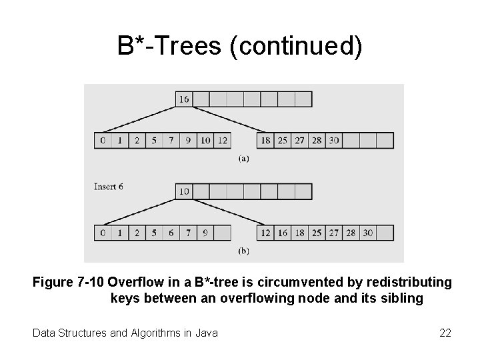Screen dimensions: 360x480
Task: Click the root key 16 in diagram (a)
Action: (184, 100)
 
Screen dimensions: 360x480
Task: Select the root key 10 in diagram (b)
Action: (184, 192)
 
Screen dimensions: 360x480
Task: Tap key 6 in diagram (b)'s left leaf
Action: (171, 233)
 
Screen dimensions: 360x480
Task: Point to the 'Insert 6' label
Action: (109, 187)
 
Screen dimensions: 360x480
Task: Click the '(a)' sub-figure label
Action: (244, 159)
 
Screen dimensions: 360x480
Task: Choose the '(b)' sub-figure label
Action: (244, 251)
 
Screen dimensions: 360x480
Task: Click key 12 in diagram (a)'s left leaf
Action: (223, 141)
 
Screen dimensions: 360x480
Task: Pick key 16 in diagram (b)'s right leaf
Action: (283, 233)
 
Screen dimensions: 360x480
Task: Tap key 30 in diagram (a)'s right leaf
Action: (334, 141)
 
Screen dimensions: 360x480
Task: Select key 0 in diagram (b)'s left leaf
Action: (103, 233)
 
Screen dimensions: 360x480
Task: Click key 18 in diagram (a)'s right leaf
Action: (265, 141)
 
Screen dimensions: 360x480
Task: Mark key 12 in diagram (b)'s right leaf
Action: (265, 233)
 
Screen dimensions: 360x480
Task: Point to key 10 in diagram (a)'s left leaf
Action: (205, 141)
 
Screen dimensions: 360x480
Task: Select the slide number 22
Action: (445, 332)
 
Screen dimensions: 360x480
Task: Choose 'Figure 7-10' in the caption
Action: (68, 283)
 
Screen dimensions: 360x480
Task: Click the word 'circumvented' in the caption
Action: (267, 283)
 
